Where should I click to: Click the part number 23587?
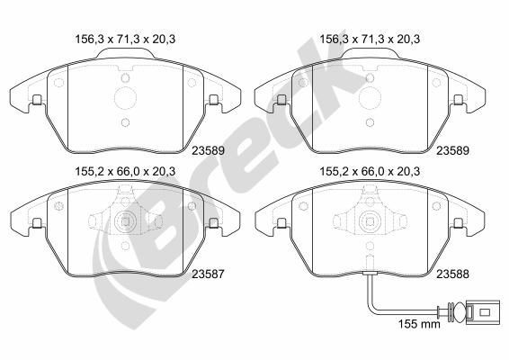coord(208,274)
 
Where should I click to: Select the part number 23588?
coord(452,274)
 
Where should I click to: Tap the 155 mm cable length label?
coord(419,324)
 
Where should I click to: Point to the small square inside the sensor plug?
coord(485,312)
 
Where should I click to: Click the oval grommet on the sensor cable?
coord(459,312)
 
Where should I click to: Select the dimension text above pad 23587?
coord(125,172)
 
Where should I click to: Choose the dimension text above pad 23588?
coord(370,172)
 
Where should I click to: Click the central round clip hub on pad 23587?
coord(125,222)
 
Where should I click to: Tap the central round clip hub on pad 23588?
coord(371,222)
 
